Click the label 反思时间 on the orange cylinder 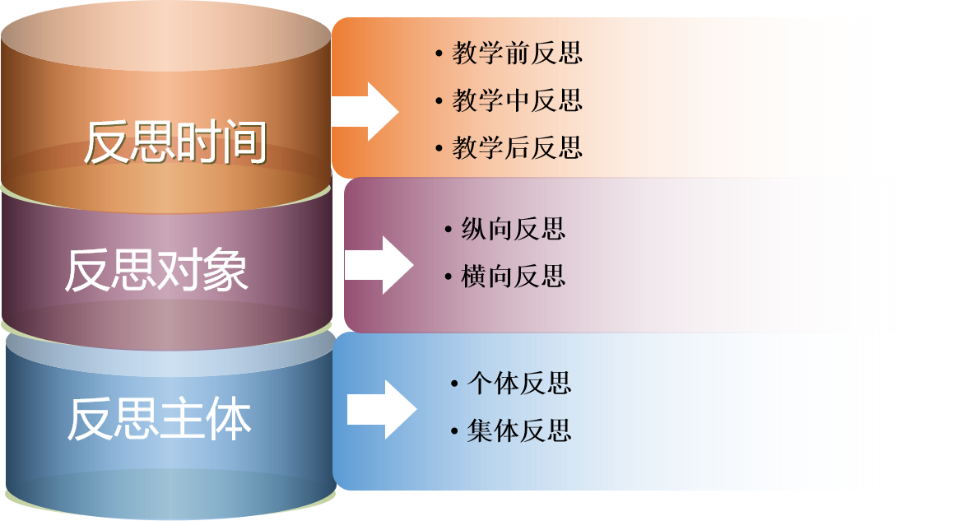[x=175, y=143]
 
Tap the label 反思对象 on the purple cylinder [x=156, y=270]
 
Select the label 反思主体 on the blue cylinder [x=159, y=419]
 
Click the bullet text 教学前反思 [x=517, y=53]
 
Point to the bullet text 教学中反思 [x=517, y=100]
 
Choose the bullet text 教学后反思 [x=517, y=147]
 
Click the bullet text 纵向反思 [x=514, y=229]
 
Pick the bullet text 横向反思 [x=514, y=276]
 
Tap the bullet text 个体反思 [x=518, y=383]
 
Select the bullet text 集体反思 [x=518, y=430]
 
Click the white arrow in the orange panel [x=365, y=111]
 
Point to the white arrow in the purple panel [x=379, y=265]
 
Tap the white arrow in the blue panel [x=382, y=409]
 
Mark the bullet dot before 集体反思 [x=453, y=431]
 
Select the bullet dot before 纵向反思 [x=447, y=230]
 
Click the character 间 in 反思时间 [x=244, y=143]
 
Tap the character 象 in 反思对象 [x=225, y=270]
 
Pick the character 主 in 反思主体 [x=182, y=419]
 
